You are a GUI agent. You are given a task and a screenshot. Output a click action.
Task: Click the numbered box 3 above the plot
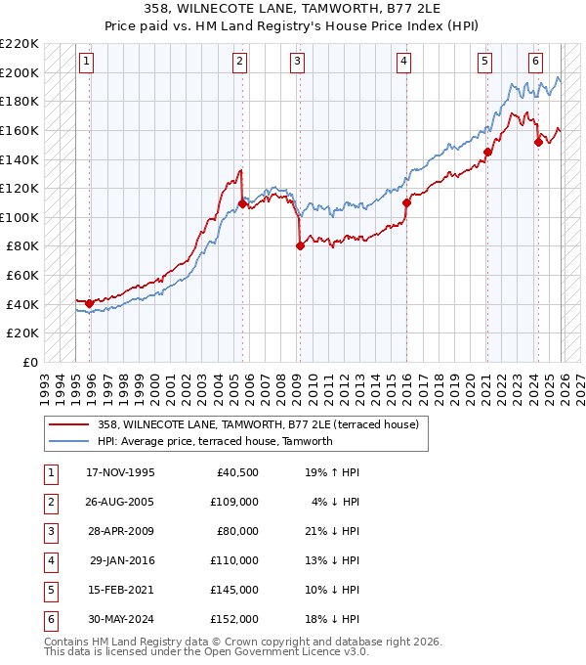pyautogui.click(x=296, y=62)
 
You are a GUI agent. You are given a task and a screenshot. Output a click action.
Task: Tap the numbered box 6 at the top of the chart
pyautogui.click(x=536, y=62)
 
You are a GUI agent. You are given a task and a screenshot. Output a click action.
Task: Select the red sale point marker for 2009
pyautogui.click(x=300, y=246)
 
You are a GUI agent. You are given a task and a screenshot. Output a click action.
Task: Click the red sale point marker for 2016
pyautogui.click(x=406, y=202)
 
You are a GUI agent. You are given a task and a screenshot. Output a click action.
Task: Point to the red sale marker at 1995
pyautogui.click(x=90, y=303)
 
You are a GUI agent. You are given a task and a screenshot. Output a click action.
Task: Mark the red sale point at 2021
pyautogui.click(x=487, y=152)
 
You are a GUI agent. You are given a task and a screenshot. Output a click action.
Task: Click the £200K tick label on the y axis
pyautogui.click(x=21, y=72)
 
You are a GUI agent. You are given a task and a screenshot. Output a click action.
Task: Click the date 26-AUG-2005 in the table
pyautogui.click(x=120, y=502)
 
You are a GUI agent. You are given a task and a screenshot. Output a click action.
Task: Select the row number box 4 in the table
pyautogui.click(x=49, y=561)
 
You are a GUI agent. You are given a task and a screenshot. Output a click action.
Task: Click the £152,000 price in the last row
pyautogui.click(x=234, y=620)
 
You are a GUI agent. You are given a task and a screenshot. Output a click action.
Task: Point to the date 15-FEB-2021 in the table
pyautogui.click(x=120, y=591)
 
